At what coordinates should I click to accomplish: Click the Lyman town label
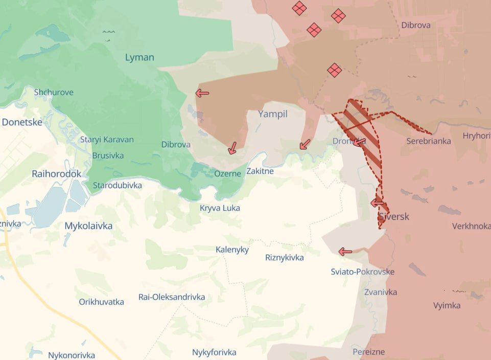pos(139,57)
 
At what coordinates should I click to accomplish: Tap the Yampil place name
pos(273,114)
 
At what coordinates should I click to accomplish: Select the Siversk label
pos(393,216)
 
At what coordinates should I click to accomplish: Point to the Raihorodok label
pos(56,174)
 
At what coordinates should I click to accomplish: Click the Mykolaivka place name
pos(88,226)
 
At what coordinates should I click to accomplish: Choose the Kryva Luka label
pos(220,208)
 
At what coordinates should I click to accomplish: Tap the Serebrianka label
pos(429,141)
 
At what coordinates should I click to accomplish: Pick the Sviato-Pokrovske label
pos(362,272)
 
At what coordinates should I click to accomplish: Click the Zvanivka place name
pos(381,292)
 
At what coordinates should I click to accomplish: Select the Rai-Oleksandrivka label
pos(172,297)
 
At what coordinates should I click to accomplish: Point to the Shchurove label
pos(54,92)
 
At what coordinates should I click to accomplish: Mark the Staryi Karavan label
pos(107,139)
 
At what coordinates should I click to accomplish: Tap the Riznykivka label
pos(285,257)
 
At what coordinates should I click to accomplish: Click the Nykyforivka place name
pos(214,352)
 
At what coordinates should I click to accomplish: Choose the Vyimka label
pos(447,305)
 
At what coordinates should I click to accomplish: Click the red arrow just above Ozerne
pos(232,148)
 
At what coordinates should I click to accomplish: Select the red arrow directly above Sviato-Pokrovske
pos(345,252)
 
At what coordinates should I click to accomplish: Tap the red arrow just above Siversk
pos(377,203)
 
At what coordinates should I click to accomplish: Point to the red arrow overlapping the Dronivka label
pos(359,142)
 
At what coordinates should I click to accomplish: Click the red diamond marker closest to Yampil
pos(335,70)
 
